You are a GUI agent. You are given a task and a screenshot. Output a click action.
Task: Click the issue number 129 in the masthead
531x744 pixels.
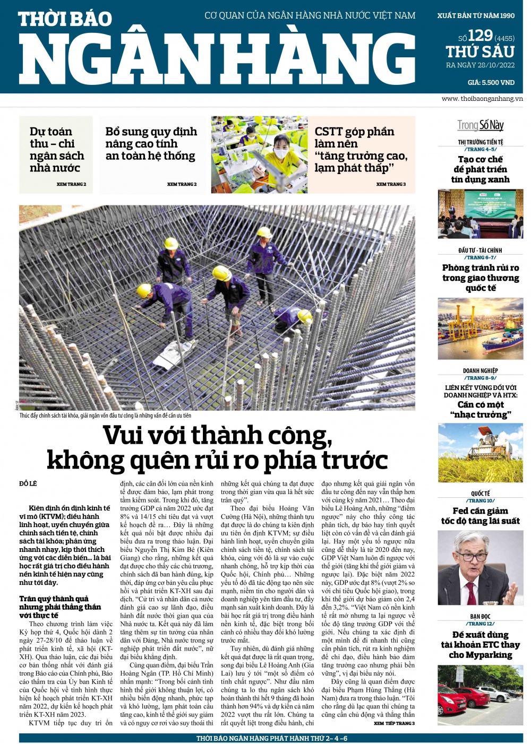click(480, 36)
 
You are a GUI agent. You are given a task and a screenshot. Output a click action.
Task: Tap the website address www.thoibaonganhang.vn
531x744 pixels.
click(482, 99)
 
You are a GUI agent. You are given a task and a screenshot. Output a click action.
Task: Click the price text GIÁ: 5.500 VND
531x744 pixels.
click(491, 83)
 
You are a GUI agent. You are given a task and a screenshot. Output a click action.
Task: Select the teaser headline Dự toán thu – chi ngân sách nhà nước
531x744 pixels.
click(56, 150)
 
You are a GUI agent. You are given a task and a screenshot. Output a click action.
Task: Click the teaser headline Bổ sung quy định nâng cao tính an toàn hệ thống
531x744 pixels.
click(151, 143)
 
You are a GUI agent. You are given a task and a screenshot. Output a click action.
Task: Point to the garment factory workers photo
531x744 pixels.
click(259, 154)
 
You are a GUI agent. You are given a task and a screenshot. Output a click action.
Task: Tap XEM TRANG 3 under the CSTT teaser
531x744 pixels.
click(391, 184)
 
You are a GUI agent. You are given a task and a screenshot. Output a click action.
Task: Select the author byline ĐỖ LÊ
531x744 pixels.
click(28, 483)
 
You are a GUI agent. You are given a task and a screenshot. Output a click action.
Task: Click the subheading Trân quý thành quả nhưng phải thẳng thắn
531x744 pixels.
click(60, 607)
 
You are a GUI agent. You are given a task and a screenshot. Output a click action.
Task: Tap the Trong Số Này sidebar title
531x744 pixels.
click(481, 125)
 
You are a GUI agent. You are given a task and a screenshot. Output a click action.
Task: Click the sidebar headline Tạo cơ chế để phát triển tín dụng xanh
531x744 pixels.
click(480, 169)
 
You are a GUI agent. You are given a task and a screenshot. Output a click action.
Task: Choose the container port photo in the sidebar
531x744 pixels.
click(480, 328)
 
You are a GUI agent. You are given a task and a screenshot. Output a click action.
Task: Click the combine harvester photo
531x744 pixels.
click(480, 453)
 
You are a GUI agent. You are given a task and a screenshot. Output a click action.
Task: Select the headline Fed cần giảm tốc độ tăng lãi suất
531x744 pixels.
click(480, 516)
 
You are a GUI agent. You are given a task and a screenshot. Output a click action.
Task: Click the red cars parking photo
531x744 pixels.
click(480, 695)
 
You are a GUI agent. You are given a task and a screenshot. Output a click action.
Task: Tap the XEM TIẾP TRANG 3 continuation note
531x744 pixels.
click(394, 723)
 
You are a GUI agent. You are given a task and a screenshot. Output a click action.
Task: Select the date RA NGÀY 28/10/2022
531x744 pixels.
click(480, 65)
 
